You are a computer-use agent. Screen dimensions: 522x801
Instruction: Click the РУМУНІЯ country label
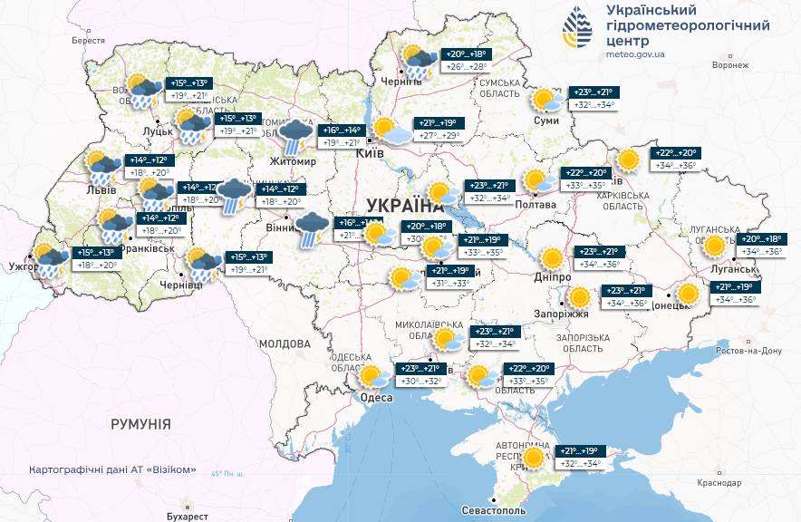(140, 424)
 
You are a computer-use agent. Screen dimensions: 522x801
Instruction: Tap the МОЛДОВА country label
(285, 344)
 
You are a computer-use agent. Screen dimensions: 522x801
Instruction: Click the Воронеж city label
(730, 65)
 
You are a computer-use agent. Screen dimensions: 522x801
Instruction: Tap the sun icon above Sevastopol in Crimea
(535, 458)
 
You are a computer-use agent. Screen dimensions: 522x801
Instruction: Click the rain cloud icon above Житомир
(294, 135)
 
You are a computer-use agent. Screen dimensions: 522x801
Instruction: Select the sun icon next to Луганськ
(716, 245)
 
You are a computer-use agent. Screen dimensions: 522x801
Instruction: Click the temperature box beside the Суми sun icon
(592, 99)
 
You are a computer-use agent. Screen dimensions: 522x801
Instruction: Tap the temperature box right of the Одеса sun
(420, 375)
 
